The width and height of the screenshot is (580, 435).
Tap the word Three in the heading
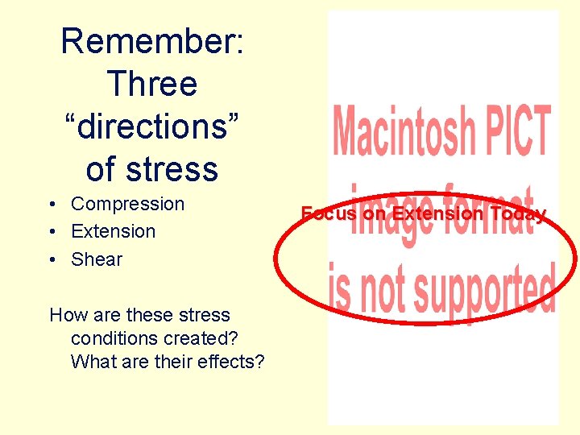(151, 84)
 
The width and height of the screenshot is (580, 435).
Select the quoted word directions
(151, 126)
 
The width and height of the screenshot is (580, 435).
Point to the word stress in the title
(172, 169)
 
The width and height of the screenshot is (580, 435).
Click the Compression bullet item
(127, 205)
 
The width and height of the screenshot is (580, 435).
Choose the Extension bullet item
(113, 231)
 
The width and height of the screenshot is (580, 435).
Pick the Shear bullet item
(97, 259)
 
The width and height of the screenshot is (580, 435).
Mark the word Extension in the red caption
(438, 213)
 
